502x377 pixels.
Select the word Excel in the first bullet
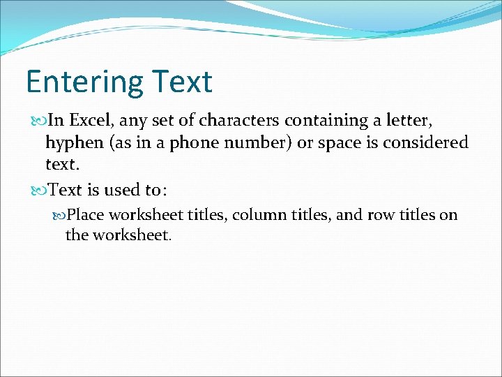point(92,121)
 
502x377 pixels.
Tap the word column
point(257,215)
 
